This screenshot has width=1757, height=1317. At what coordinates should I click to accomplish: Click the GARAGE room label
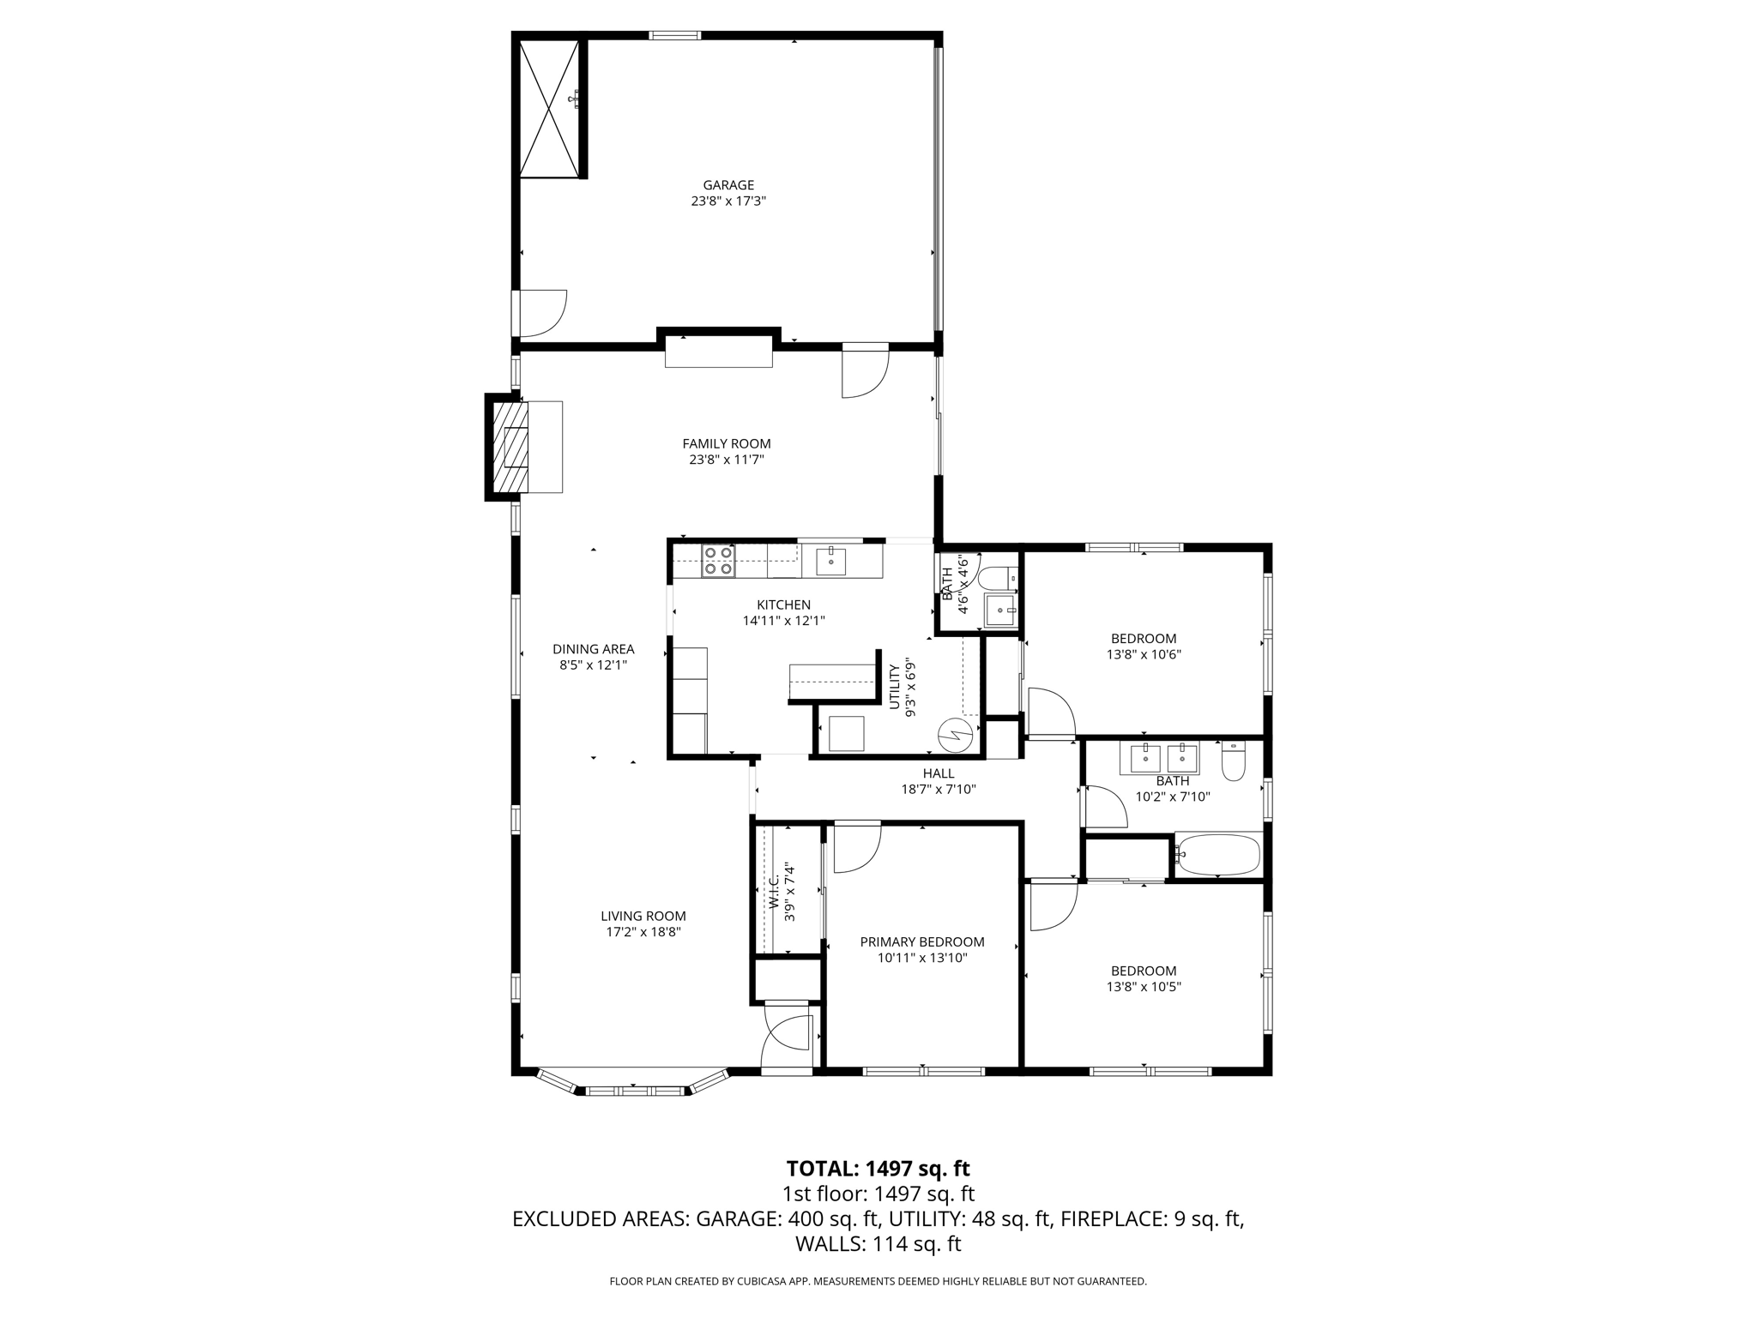coord(728,185)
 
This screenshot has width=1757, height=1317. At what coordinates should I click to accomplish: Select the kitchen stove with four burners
coord(718,561)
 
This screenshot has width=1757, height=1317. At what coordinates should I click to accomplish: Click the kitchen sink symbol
coord(830,562)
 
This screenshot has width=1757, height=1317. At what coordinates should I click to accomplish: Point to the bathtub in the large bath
coord(1218,855)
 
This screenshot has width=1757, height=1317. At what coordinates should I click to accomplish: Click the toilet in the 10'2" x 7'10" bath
coord(1233,761)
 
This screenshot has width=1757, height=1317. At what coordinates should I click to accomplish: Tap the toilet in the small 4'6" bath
coord(997,579)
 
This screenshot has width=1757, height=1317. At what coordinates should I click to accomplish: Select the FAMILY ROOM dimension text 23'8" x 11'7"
coord(727,460)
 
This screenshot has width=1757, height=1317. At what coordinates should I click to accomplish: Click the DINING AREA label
coord(593,649)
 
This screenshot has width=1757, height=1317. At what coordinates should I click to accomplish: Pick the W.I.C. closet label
coord(776,893)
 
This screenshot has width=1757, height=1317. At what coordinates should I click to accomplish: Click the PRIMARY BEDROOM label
coord(922,941)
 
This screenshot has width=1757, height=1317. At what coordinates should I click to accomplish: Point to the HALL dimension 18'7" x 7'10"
coord(939,790)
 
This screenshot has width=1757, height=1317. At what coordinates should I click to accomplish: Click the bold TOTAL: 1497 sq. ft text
coord(878,1168)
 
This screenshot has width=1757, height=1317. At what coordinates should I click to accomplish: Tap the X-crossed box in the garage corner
coord(550,108)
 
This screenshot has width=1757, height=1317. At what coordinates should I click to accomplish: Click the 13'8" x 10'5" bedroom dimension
coord(1144,987)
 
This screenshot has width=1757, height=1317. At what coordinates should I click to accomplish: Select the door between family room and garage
coord(865,372)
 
